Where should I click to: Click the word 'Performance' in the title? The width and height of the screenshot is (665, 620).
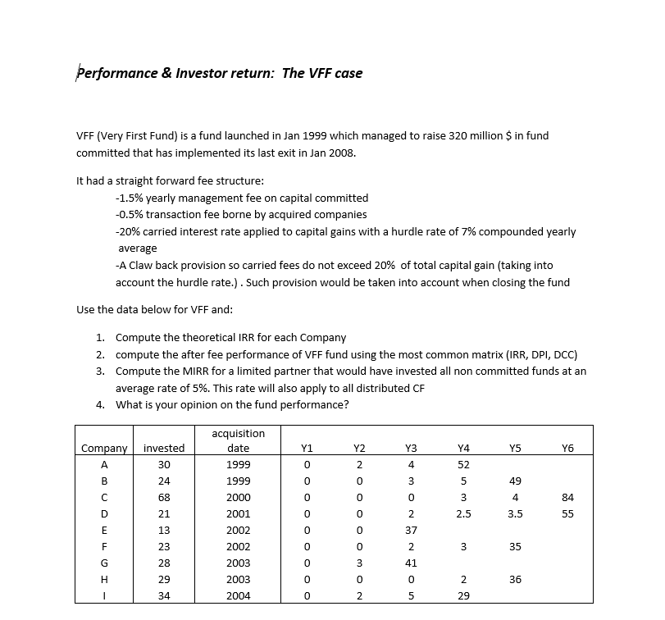pos(112,73)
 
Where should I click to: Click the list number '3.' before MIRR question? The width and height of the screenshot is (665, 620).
pos(99,371)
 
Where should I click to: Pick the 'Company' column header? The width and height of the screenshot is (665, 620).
pos(104,448)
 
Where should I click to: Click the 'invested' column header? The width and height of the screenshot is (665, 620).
pos(164,448)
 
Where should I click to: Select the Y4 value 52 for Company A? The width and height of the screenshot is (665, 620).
pos(463,464)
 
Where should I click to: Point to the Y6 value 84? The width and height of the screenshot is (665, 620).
pos(567,497)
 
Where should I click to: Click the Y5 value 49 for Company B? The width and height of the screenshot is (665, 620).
pos(515,481)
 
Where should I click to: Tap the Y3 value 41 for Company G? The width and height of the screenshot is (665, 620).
pos(411,563)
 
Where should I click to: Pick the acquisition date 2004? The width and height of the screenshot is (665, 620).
pos(238,595)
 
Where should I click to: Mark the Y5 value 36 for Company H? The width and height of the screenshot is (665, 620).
pos(515,579)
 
